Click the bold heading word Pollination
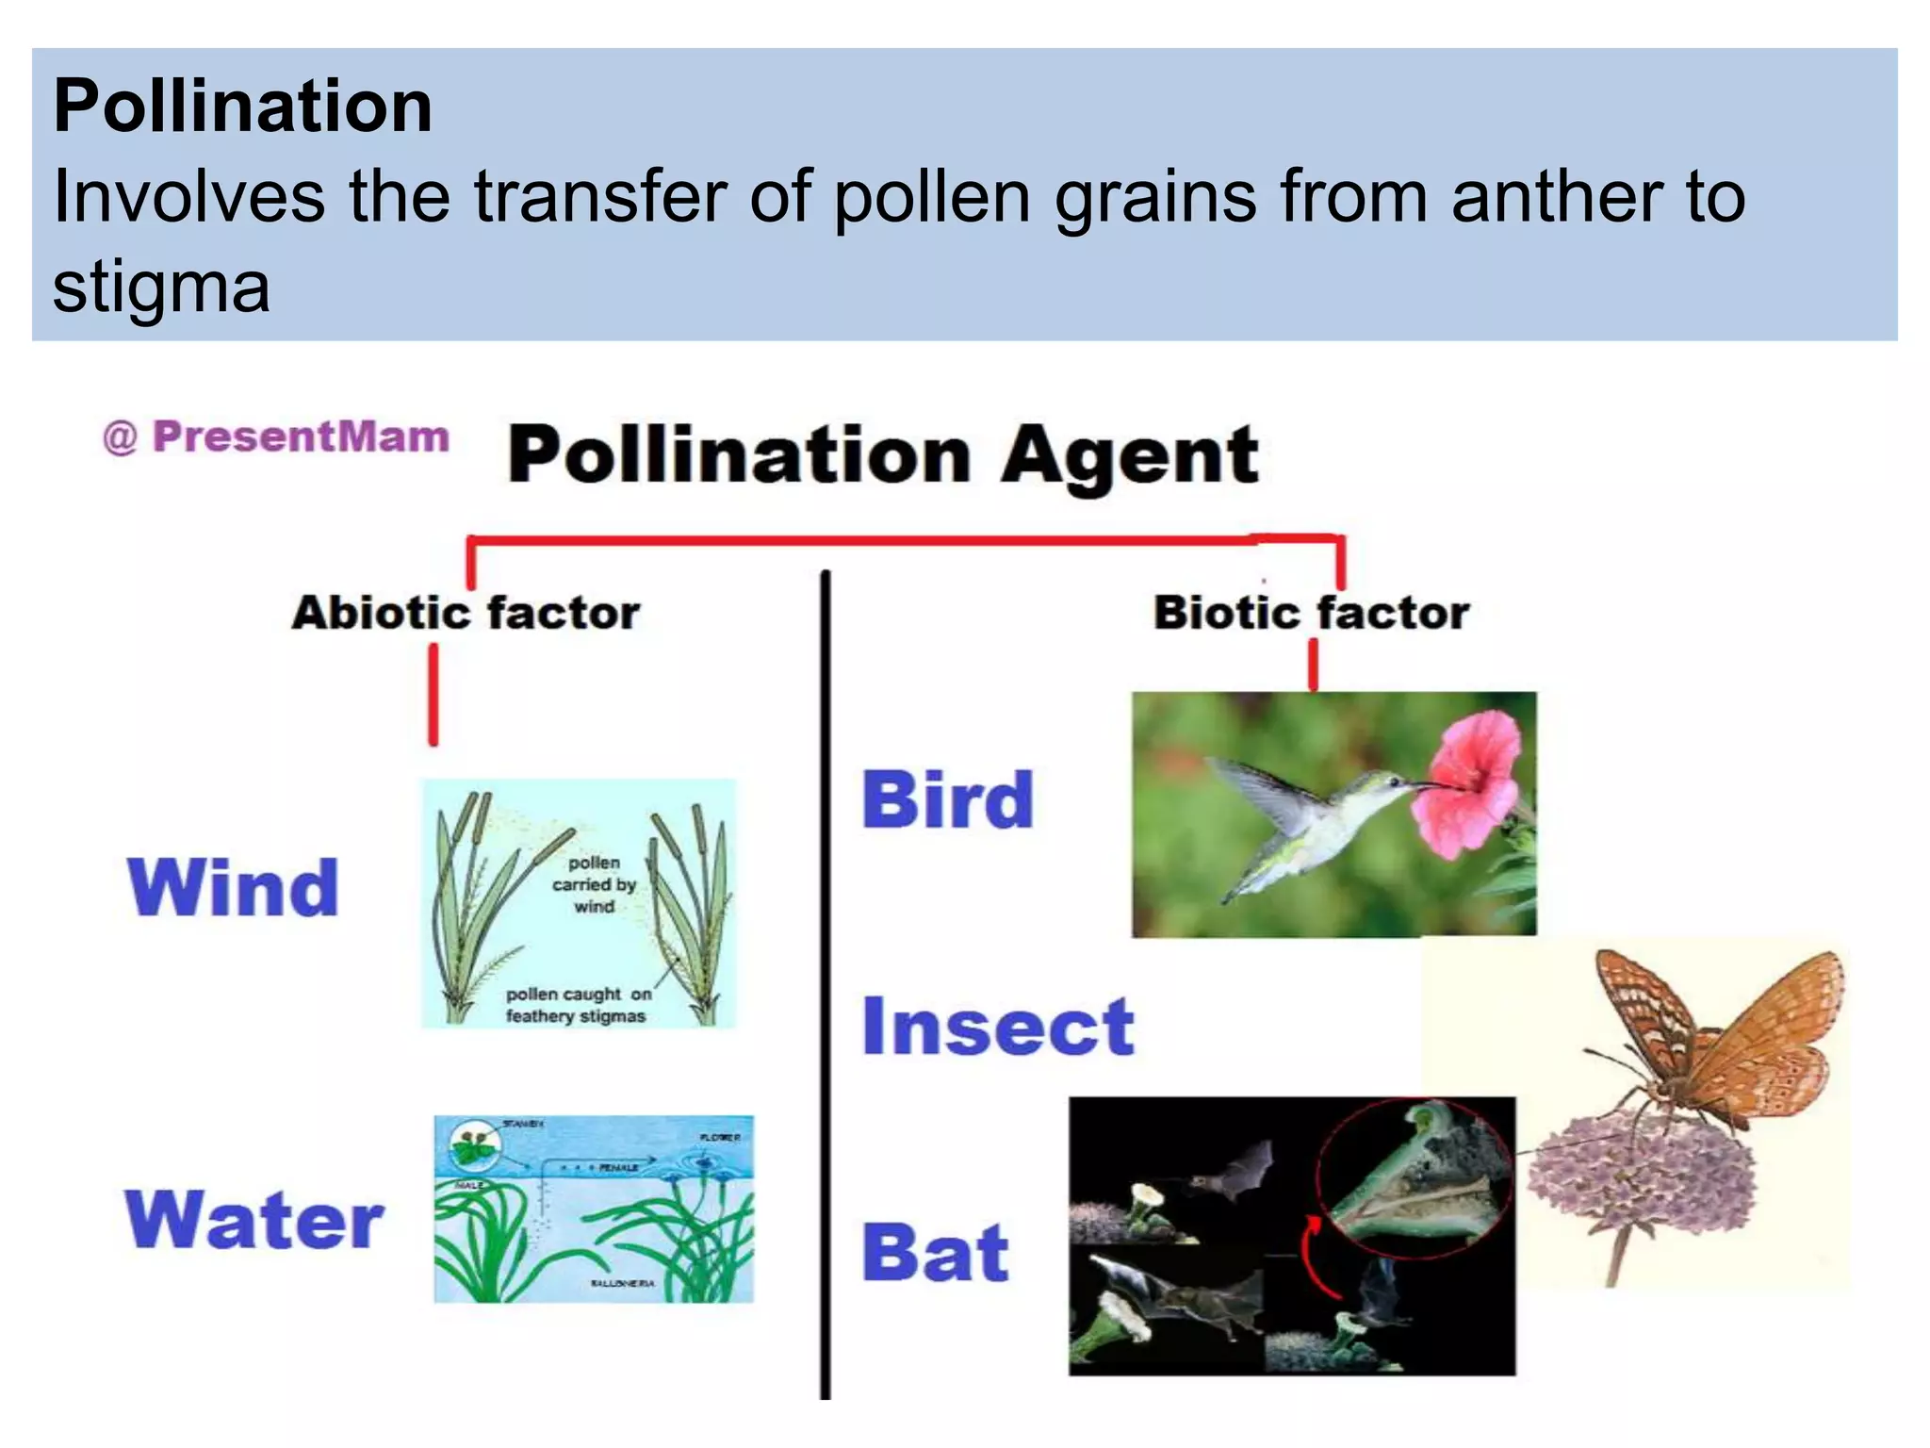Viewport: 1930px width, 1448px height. tap(243, 106)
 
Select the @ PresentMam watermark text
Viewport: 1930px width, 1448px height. tap(276, 437)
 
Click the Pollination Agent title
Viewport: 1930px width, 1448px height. tap(883, 455)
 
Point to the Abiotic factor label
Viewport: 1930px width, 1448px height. tap(466, 613)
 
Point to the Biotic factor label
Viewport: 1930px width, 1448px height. tap(1311, 613)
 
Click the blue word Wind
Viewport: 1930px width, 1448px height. tap(233, 888)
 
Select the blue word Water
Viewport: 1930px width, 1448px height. tap(254, 1220)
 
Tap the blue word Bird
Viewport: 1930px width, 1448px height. tap(948, 800)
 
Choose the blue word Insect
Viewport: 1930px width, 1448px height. tap(998, 1027)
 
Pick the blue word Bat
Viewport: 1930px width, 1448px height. tap(935, 1253)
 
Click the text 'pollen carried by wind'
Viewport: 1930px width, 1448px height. tap(594, 884)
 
